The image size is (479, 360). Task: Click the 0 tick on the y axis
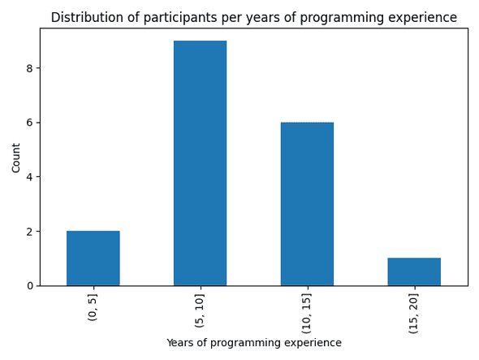point(29,286)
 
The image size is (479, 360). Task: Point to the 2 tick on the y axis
point(29,232)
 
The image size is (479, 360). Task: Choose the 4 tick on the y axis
point(29,177)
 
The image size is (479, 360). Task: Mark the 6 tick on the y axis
point(29,123)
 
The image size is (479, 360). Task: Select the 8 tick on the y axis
point(29,68)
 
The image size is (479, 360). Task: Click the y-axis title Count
point(16,157)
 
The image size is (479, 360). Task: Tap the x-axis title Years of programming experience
point(253,343)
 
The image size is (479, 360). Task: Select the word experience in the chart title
point(421,17)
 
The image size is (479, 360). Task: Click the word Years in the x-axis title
point(180,343)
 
